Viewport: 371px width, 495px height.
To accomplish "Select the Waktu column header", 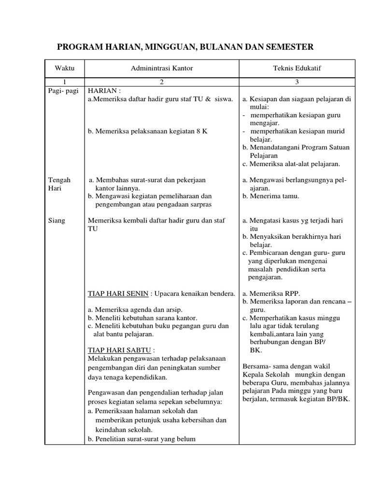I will point(65,69).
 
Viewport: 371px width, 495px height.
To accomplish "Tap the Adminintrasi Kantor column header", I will point(161,69).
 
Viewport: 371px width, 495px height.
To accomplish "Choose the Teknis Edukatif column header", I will point(297,69).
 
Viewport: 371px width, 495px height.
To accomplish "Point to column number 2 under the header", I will point(161,82).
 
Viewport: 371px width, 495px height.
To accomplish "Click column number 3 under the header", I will point(297,82).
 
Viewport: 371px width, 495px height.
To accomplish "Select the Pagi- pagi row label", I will point(63,91).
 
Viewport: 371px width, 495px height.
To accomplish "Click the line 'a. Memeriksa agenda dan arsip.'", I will point(135,309).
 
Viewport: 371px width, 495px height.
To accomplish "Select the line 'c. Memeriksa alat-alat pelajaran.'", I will point(291,164).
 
